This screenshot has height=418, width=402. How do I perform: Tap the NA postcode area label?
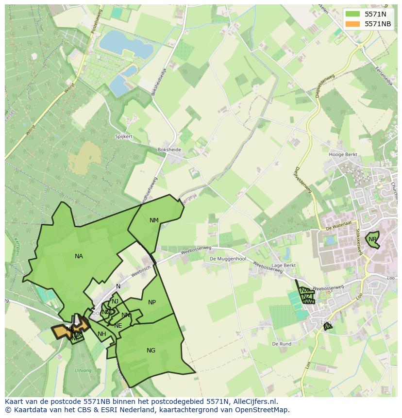tap(79, 256)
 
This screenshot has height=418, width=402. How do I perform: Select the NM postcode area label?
tap(154, 220)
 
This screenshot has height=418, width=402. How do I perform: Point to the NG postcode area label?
tap(151, 350)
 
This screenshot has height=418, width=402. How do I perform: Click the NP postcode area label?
tap(152, 302)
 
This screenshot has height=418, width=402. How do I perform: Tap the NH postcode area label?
tap(101, 334)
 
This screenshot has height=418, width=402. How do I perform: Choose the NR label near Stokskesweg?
tap(372, 239)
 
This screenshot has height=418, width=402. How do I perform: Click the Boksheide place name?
tap(169, 150)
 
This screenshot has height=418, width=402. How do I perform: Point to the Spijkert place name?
tap(124, 137)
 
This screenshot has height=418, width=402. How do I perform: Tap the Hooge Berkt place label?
tap(343, 155)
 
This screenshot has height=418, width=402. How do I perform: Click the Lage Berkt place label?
tap(284, 266)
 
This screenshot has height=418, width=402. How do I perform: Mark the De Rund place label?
tap(282, 344)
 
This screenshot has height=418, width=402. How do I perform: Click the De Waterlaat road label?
tap(338, 227)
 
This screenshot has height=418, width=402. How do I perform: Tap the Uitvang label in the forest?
tap(83, 370)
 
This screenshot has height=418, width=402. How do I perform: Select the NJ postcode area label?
tap(115, 301)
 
